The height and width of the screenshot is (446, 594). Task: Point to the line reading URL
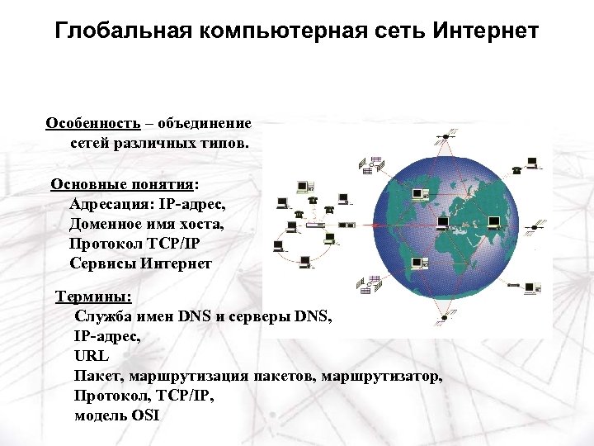91,356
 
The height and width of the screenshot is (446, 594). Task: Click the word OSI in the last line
144,415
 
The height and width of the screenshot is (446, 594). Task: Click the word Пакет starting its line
97,376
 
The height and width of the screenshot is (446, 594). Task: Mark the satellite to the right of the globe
541,225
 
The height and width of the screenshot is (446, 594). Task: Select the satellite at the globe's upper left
368,166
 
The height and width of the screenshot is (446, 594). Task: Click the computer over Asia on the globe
494,221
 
